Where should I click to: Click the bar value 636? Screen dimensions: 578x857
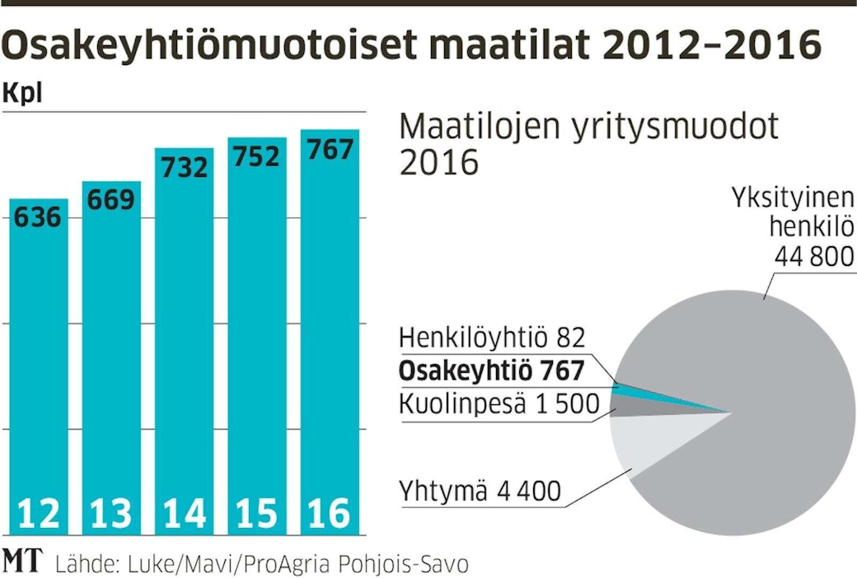point(38,218)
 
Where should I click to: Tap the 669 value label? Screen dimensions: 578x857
point(111,200)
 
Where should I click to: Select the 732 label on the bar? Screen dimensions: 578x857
point(184,168)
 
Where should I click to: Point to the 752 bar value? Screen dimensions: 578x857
point(256,156)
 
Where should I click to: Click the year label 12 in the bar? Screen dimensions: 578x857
point(38,514)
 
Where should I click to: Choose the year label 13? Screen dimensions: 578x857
point(111,514)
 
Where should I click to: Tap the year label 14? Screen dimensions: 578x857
point(184,514)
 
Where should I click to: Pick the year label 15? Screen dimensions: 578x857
point(256,514)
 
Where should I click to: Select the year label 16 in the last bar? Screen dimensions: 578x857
point(329,514)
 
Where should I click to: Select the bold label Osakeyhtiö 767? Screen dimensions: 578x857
point(491,371)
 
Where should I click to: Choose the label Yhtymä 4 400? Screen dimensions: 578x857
point(480,492)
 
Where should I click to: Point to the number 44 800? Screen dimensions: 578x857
point(812,258)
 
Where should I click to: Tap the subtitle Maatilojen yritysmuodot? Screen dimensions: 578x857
point(588,128)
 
